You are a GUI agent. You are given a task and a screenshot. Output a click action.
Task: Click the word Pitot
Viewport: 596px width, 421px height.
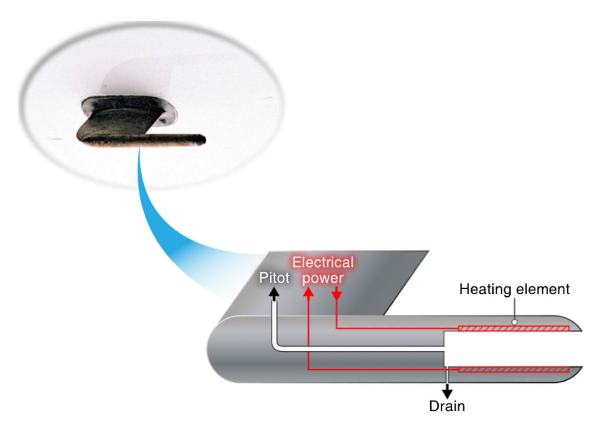click(274, 278)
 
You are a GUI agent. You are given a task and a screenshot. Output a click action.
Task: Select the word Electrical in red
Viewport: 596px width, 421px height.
click(323, 262)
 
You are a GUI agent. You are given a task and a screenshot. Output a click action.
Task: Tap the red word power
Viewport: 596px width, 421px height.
click(323, 278)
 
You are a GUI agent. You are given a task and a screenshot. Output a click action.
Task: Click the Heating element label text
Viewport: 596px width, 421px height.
click(514, 289)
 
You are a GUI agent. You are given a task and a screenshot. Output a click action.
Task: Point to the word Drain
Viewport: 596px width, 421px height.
click(447, 406)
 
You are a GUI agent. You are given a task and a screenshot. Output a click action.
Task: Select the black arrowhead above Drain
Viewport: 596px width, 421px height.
click(447, 393)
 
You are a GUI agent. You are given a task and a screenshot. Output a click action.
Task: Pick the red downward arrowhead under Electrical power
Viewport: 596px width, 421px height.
click(336, 295)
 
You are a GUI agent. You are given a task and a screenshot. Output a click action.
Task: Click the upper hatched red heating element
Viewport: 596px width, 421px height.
click(514, 329)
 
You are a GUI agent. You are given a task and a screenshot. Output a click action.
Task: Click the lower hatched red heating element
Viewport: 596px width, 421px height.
click(514, 370)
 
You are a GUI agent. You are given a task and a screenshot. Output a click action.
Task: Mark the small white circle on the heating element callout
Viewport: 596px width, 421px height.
click(514, 322)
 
